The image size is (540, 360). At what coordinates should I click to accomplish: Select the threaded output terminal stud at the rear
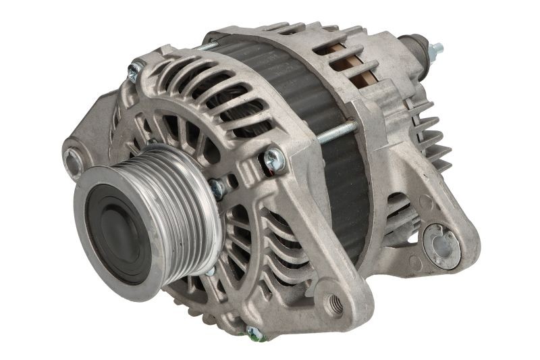tap(435, 49)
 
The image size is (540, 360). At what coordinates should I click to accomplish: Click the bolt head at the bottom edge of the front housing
tap(254, 332)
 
